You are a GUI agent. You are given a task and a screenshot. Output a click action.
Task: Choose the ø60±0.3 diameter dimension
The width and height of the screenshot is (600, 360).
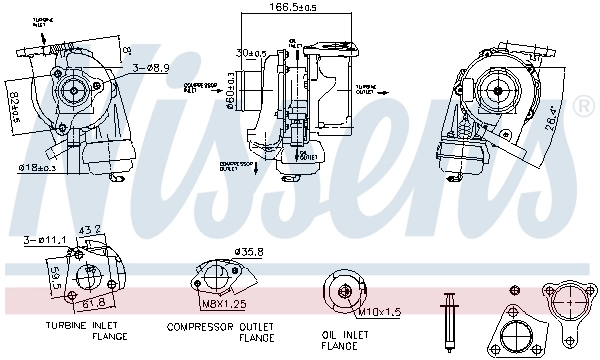pos(231,90)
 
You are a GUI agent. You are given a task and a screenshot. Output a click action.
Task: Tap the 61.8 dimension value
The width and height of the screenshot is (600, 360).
pos(93,301)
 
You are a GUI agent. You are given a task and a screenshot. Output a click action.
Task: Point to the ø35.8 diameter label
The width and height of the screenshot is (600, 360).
pos(246,252)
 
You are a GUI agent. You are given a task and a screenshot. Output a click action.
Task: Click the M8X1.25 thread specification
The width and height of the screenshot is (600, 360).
pos(224,303)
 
